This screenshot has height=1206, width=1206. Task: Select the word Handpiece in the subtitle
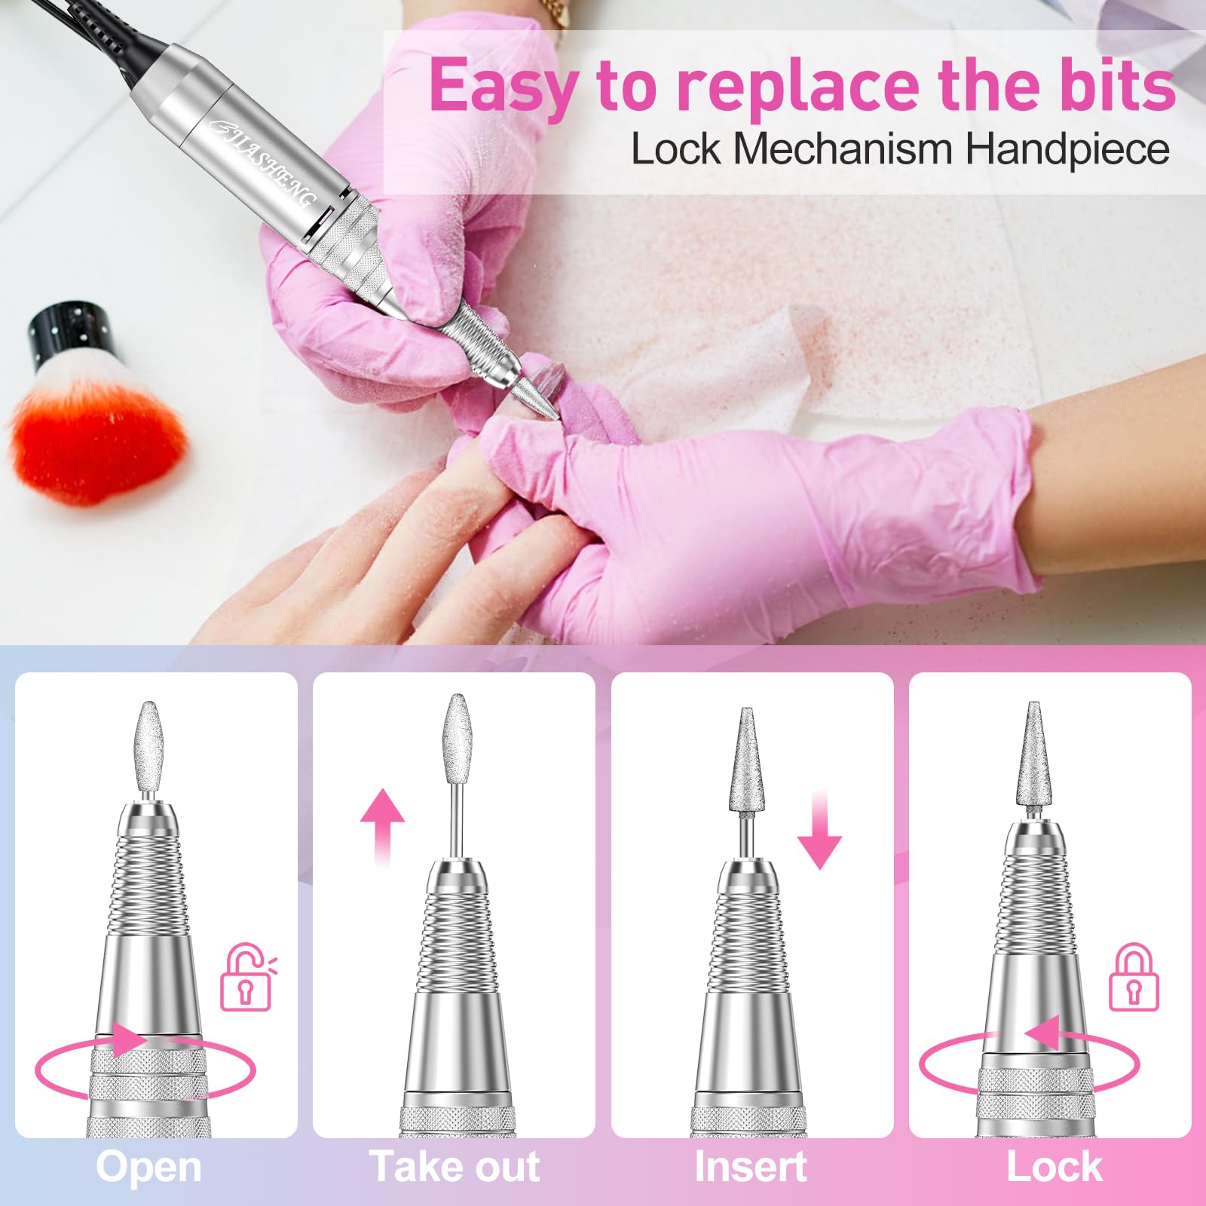click(1067, 148)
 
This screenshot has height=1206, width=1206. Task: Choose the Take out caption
click(455, 1168)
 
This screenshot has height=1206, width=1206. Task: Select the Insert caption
click(751, 1168)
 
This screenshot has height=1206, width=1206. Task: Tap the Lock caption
click(1054, 1168)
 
